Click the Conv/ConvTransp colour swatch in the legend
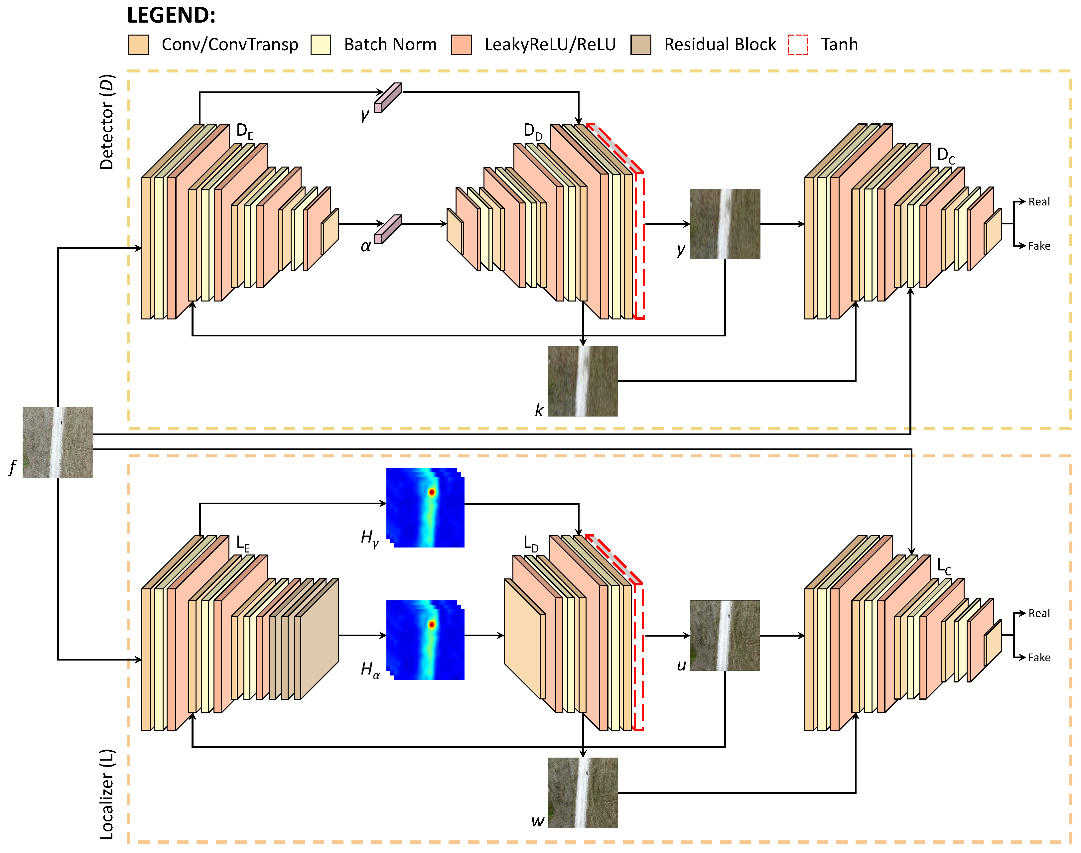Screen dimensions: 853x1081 (138, 45)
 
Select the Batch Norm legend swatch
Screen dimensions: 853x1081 (321, 45)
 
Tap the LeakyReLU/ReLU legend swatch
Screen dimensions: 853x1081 (461, 45)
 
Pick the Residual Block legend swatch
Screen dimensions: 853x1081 (641, 45)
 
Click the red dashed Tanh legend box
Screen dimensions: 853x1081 (798, 45)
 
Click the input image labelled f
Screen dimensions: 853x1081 (58, 442)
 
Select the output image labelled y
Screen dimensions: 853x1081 (725, 224)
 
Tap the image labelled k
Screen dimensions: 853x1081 (583, 381)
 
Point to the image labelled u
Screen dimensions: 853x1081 (725, 635)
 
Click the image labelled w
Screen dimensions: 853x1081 (583, 792)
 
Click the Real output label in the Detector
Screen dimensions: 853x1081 (1039, 202)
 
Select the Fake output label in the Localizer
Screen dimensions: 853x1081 (1039, 657)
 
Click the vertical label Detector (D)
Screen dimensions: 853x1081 (107, 122)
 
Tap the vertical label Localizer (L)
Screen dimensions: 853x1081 (107, 794)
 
